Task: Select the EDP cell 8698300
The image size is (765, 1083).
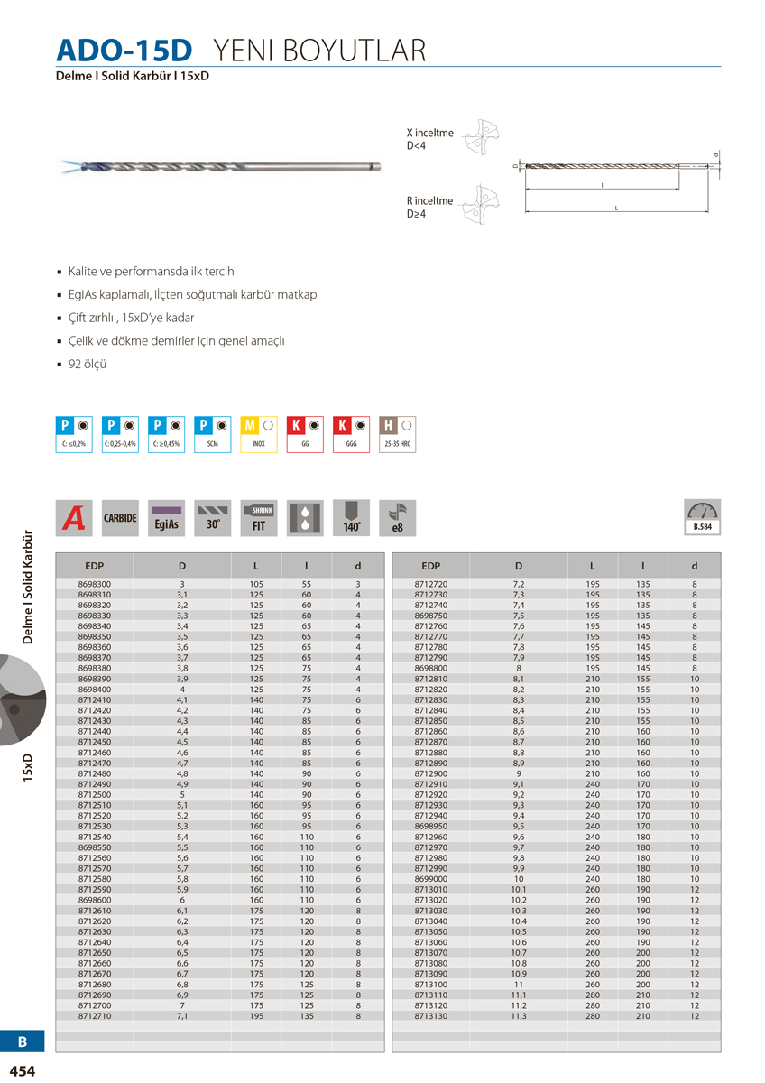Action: [x=95, y=585]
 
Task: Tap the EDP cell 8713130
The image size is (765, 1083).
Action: [x=430, y=1015]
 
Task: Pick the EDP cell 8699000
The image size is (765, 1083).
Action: [x=430, y=878]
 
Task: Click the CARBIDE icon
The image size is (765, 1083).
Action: [x=120, y=518]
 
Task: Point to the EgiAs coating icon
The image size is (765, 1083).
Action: [x=166, y=518]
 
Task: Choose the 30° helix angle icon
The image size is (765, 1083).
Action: [x=213, y=518]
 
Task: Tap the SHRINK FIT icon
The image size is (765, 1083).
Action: [x=260, y=518]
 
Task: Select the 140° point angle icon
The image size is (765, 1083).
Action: [x=352, y=518]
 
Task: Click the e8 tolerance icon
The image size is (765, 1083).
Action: [x=398, y=518]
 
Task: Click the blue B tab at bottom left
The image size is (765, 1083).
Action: [x=23, y=1041]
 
